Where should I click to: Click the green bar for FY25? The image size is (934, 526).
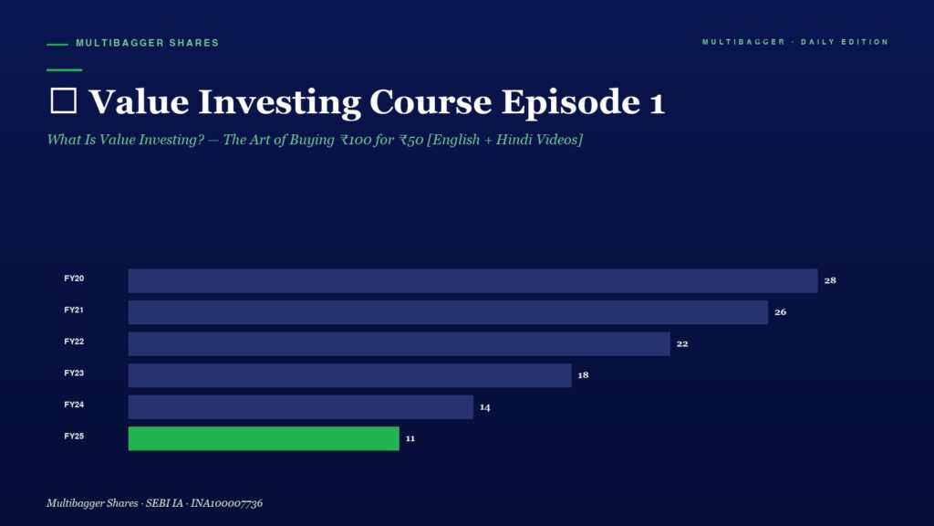264,438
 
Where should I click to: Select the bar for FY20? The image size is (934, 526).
473,280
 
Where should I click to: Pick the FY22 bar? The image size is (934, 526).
400,343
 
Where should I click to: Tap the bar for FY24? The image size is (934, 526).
301,406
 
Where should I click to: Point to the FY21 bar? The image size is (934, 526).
448,312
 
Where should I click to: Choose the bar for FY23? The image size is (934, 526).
349,375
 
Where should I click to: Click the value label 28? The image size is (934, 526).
830,280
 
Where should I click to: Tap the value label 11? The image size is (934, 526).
410,438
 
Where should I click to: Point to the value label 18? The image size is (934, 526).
583,375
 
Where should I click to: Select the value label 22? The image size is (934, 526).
682,343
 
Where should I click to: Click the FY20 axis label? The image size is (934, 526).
74,279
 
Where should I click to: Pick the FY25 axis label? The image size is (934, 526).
74,437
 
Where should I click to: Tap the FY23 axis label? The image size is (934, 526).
74,373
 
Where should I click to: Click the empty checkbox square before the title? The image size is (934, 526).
63,100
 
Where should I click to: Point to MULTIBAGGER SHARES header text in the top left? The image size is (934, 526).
147,43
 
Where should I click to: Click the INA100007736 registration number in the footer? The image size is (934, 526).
226,503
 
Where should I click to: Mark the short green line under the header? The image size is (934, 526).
65,69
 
